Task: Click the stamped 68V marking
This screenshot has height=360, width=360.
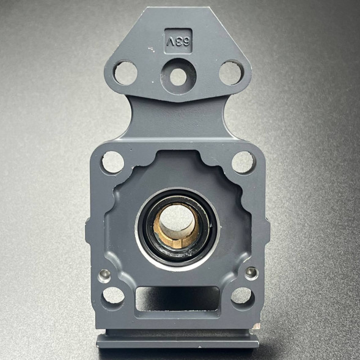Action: pyautogui.click(x=178, y=41)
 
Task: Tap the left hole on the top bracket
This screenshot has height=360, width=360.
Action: pyautogui.click(x=126, y=73)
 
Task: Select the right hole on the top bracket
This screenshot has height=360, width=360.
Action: pyautogui.click(x=231, y=73)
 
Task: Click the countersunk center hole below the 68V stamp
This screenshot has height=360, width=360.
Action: pyautogui.click(x=178, y=76)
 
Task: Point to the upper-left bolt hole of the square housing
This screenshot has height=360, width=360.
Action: pyautogui.click(x=112, y=162)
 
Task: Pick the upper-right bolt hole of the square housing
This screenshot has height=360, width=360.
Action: pyautogui.click(x=243, y=162)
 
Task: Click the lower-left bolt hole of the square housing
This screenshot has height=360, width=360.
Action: pyautogui.click(x=113, y=296)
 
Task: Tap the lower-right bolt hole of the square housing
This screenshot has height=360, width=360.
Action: pyautogui.click(x=242, y=296)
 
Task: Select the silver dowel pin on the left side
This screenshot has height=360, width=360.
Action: pyautogui.click(x=105, y=273)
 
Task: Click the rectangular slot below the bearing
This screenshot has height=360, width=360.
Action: pyautogui.click(x=178, y=298)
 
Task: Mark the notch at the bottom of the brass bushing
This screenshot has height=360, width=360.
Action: pyautogui.click(x=177, y=244)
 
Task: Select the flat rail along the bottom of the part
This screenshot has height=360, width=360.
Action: pyautogui.click(x=177, y=339)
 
